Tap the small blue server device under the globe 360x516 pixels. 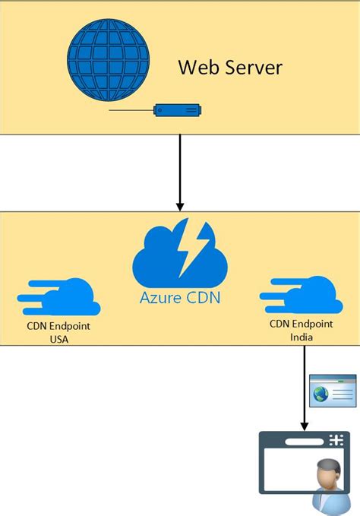(x=178, y=111)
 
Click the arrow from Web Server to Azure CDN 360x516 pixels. (x=180, y=167)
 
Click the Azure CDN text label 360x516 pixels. (x=180, y=297)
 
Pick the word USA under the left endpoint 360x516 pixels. (x=58, y=340)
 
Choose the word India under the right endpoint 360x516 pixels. (x=302, y=336)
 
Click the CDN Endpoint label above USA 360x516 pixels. (x=58, y=328)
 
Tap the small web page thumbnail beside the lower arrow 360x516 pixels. (x=333, y=389)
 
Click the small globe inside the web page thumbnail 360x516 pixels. (x=321, y=393)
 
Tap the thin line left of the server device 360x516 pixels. (x=131, y=112)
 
